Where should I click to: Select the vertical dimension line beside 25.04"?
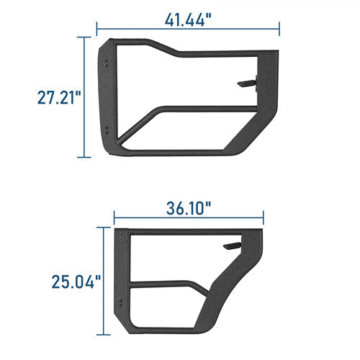(x=106, y=281)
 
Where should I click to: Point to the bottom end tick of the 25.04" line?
(x=106, y=335)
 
